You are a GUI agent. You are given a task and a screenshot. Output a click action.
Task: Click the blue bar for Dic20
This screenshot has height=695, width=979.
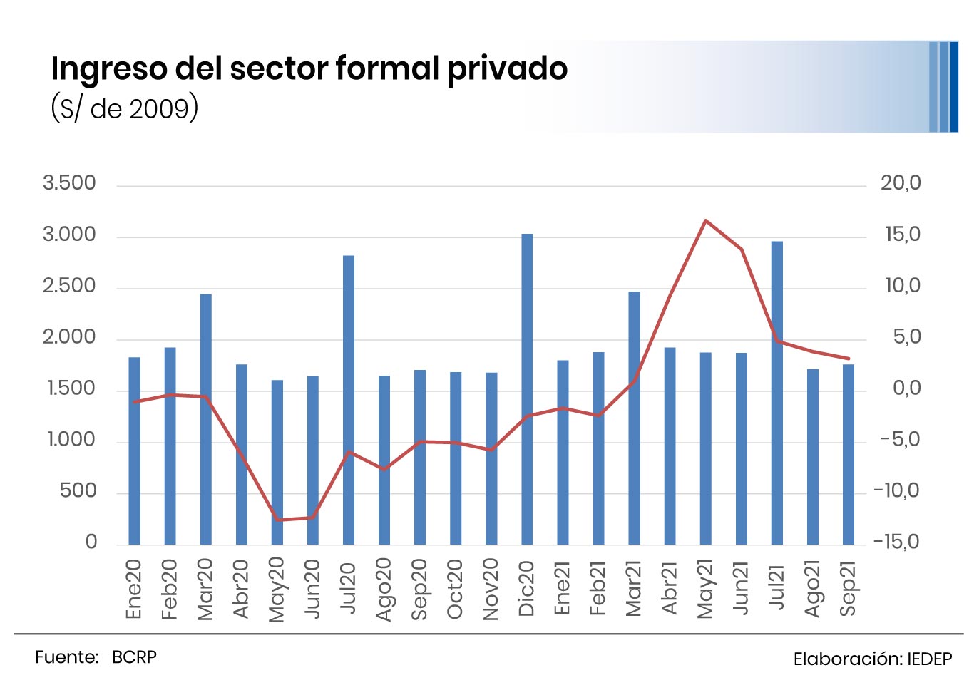[x=527, y=389]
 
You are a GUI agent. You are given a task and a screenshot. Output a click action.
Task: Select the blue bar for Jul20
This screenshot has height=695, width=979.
[x=349, y=400]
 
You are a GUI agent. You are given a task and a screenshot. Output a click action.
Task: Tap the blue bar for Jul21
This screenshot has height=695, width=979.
[x=777, y=393]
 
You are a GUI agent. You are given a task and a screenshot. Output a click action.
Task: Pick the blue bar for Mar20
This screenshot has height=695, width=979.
[x=206, y=419]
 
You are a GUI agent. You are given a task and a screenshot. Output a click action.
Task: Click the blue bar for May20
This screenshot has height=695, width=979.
[x=277, y=462]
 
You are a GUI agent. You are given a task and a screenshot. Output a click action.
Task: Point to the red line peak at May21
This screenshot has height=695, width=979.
[x=705, y=220]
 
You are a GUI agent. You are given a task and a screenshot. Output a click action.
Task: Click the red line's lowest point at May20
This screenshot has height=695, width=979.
[x=277, y=520]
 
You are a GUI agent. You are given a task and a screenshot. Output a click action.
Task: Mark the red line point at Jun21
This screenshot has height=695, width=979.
[x=742, y=249]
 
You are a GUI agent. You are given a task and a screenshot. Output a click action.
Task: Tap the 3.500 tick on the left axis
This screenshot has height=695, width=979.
[x=69, y=183]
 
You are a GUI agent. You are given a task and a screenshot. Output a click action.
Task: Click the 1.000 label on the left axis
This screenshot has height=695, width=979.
[x=71, y=440]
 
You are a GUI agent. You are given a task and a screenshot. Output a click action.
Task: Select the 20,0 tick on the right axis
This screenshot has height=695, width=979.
[x=901, y=183]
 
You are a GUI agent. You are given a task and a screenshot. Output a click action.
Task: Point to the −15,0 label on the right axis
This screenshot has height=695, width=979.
[x=897, y=542]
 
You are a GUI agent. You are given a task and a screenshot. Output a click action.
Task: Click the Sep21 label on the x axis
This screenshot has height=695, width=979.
[x=848, y=588]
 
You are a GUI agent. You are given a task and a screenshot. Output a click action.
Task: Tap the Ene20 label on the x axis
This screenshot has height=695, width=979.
[x=134, y=589]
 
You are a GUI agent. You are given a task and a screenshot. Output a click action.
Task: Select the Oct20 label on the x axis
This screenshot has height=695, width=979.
[x=455, y=589]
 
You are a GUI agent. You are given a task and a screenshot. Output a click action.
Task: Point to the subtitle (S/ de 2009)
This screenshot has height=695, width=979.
[x=124, y=108]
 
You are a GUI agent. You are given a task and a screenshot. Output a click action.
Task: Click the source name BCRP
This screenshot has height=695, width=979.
[x=134, y=657]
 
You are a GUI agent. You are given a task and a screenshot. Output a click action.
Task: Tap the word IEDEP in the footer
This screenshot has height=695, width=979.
[x=929, y=659]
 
